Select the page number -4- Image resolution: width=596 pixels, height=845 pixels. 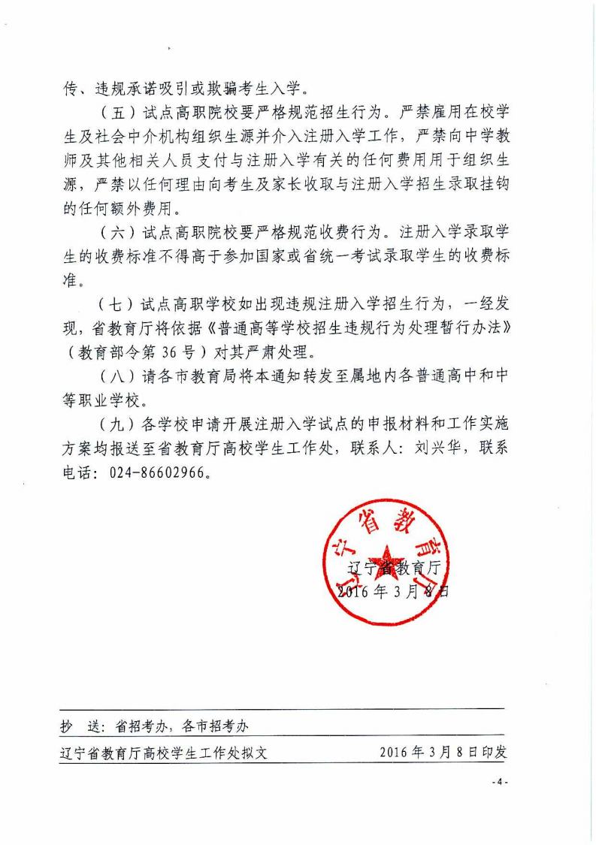pos(501,782)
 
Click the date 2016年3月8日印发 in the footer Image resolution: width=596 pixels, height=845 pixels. pos(443,752)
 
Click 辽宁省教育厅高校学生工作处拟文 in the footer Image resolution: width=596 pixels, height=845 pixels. pos(163,752)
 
